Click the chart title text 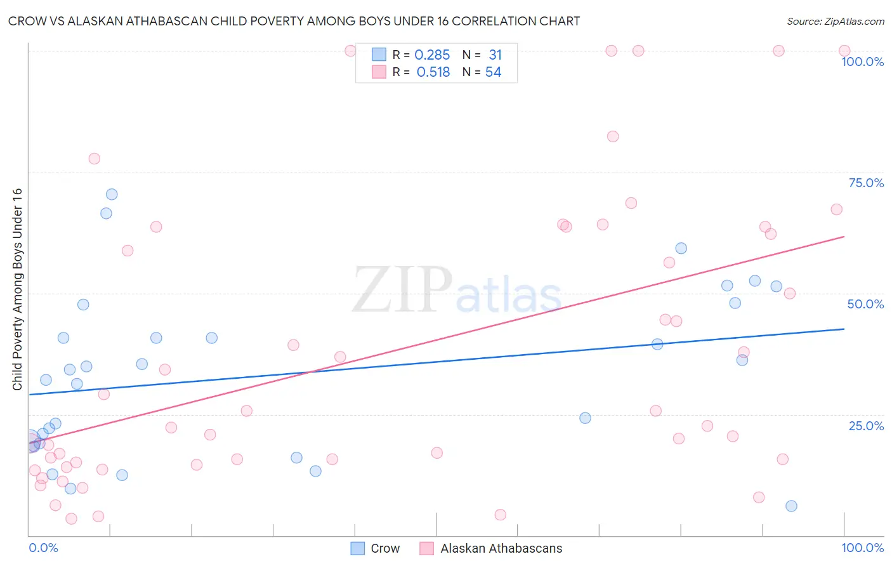pyautogui.click(x=294, y=21)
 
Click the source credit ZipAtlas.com pyautogui.click(x=835, y=21)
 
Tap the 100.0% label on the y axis pyautogui.click(x=862, y=62)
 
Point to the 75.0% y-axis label pyautogui.click(x=866, y=183)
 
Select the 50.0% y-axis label pyautogui.click(x=865, y=304)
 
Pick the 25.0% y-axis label pyautogui.click(x=866, y=426)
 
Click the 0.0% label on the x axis pyautogui.click(x=43, y=548)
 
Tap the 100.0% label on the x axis pyautogui.click(x=862, y=548)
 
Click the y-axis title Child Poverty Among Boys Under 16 pyautogui.click(x=17, y=289)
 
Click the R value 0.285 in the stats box pyautogui.click(x=432, y=55)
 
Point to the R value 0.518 pyautogui.click(x=433, y=72)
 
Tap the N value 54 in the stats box pyautogui.click(x=493, y=72)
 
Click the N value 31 pyautogui.click(x=495, y=55)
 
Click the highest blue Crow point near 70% pyautogui.click(x=112, y=194)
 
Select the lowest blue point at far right pyautogui.click(x=791, y=506)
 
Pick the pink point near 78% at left pyautogui.click(x=95, y=159)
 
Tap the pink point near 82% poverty pyautogui.click(x=613, y=136)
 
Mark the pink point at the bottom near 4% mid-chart pyautogui.click(x=501, y=515)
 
